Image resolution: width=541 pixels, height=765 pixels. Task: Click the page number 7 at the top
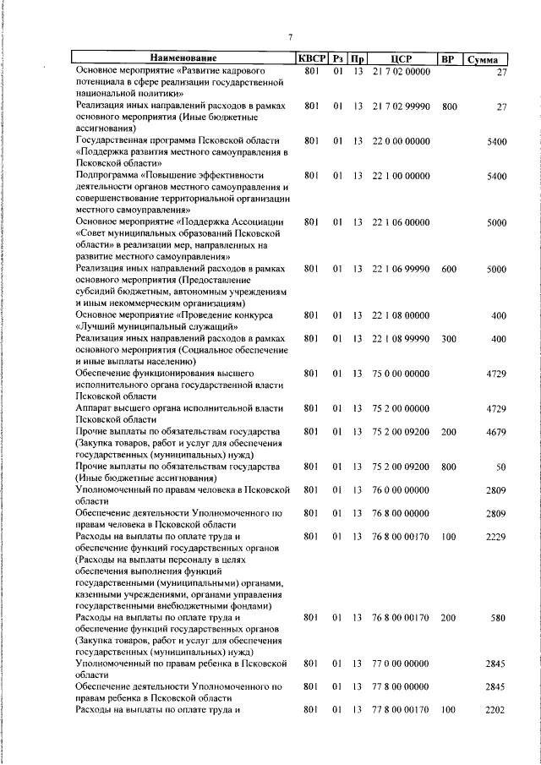289,37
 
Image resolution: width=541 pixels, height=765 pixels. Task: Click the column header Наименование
183,59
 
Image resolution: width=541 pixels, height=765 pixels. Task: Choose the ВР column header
448,59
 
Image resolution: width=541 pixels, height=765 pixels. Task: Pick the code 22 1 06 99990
402,269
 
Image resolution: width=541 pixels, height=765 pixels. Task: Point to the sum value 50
500,467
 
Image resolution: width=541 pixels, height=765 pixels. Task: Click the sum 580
497,618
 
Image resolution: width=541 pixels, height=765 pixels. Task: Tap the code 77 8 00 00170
402,710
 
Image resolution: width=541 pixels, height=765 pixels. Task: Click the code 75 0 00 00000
402,373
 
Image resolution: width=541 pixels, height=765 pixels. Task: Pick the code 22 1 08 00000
402,315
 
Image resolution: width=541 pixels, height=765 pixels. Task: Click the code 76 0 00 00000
402,489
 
